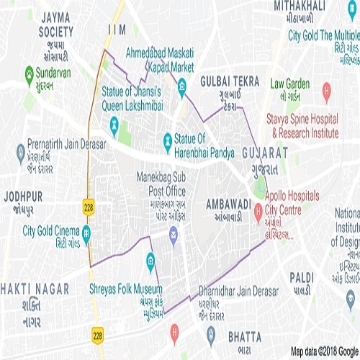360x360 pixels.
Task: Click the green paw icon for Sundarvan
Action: point(29,73)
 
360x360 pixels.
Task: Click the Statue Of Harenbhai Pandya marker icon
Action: point(167,138)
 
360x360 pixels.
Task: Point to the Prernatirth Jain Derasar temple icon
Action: point(20,151)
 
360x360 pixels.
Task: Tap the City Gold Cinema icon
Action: point(86,232)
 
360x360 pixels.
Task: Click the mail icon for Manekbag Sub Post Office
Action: point(173,233)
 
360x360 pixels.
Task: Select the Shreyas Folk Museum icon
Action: point(150,259)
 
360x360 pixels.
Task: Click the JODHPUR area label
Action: point(22,196)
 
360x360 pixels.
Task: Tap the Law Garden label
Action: point(289,83)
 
